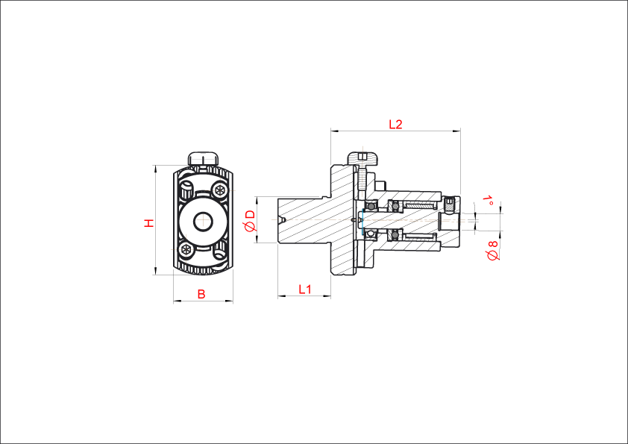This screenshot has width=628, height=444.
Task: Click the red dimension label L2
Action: click(x=395, y=125)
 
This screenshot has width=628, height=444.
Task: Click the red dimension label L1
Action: click(x=304, y=289)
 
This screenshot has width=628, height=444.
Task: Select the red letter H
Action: click(x=149, y=222)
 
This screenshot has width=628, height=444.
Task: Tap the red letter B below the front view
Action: click(x=201, y=294)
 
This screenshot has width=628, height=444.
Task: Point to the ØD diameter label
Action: click(x=250, y=220)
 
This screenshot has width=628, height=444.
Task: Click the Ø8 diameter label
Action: click(x=492, y=250)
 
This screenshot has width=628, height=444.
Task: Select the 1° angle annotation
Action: click(x=489, y=200)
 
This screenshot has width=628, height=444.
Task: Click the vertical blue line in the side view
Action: click(x=362, y=222)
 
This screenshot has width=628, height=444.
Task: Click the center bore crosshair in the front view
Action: click(x=203, y=220)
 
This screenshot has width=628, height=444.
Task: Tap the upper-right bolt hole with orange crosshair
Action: click(x=220, y=190)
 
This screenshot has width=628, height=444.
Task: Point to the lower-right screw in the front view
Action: click(x=219, y=254)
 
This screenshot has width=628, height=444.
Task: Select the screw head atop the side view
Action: click(x=362, y=157)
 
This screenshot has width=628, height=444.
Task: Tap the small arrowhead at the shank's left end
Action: click(x=282, y=219)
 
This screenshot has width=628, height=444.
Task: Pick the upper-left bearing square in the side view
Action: click(x=370, y=204)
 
